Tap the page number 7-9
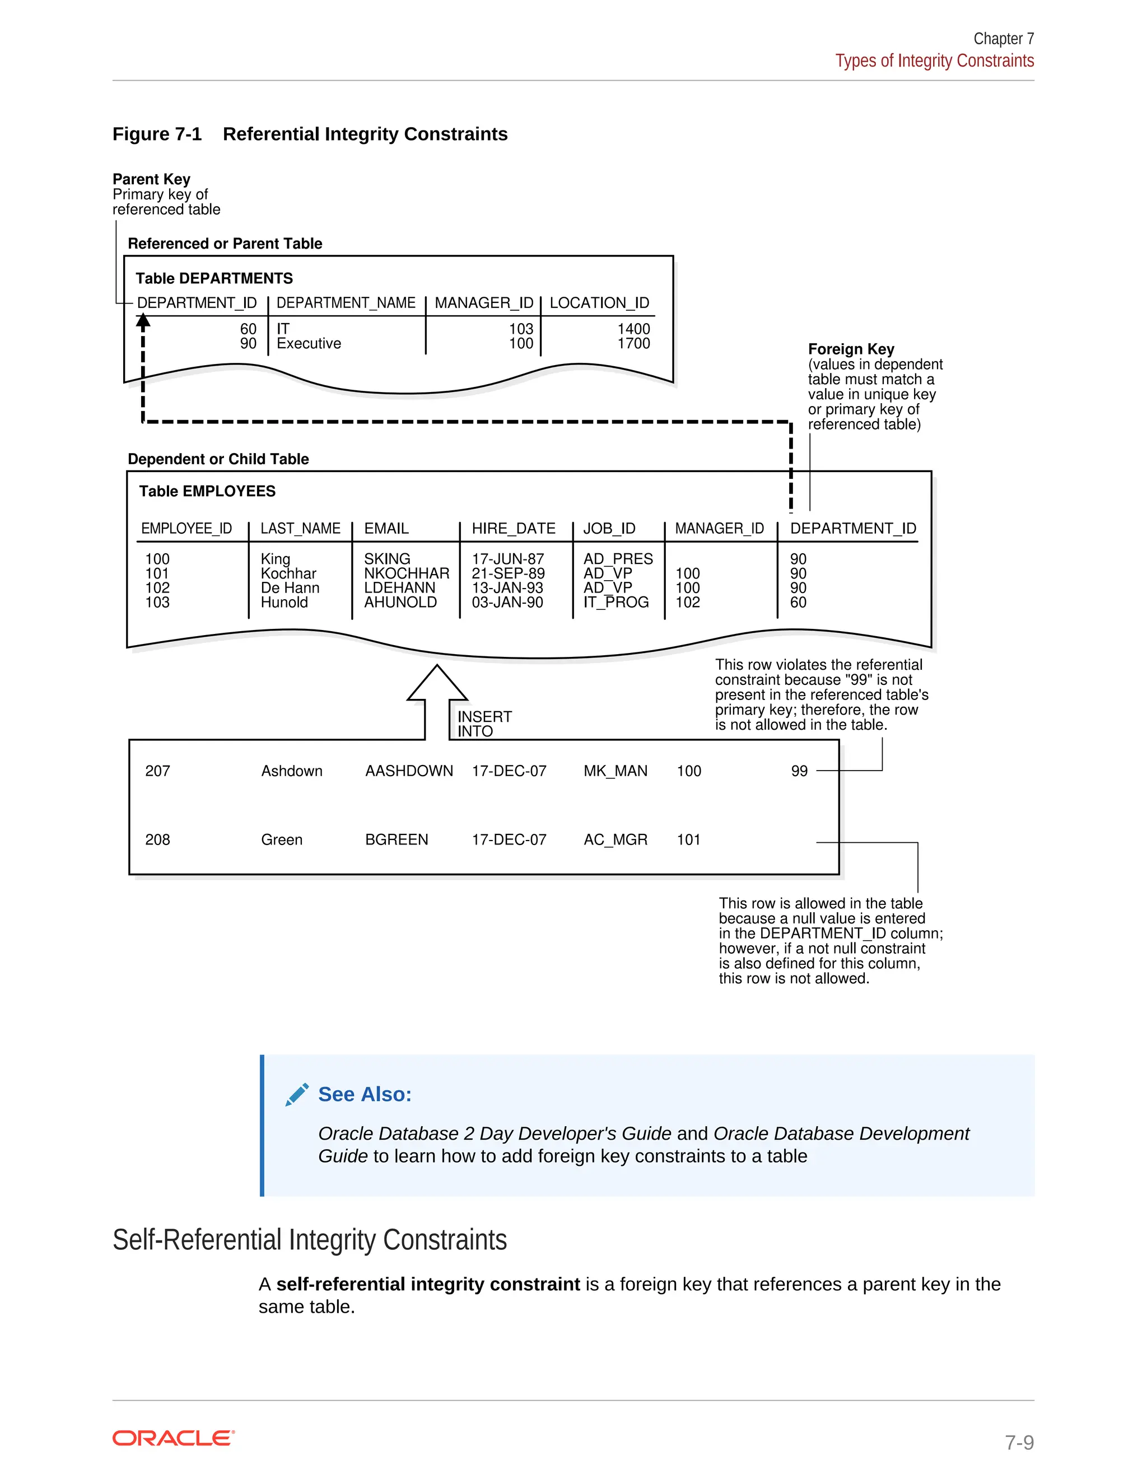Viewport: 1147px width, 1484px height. click(1019, 1442)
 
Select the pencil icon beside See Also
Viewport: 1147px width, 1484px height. click(297, 1095)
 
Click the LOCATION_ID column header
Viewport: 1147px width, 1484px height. click(599, 303)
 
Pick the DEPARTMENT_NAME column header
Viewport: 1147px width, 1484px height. click(346, 303)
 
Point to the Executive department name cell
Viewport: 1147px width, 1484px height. click(309, 344)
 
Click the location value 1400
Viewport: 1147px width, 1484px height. click(633, 329)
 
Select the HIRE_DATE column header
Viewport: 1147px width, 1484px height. click(513, 529)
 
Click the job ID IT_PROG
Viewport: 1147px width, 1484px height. click(616, 603)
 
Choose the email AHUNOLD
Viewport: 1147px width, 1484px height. click(400, 603)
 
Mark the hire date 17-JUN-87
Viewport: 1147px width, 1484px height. click(507, 559)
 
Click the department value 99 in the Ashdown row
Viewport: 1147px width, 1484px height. click(799, 771)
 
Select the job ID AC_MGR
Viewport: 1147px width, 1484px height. click(615, 840)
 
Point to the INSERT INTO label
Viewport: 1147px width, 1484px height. click(484, 724)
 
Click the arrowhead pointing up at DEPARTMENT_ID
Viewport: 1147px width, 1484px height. click(143, 322)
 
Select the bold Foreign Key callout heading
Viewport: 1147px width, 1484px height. click(851, 349)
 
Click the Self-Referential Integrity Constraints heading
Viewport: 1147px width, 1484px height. click(309, 1240)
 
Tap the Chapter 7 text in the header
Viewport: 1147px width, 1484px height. click(1003, 39)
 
